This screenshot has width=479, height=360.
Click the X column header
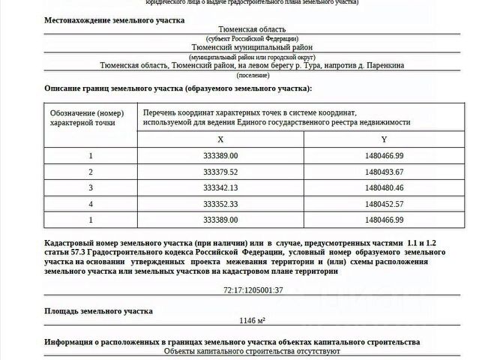pyautogui.click(x=220, y=139)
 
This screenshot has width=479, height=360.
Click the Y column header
pyautogui.click(x=384, y=139)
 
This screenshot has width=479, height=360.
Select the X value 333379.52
pyautogui.click(x=220, y=172)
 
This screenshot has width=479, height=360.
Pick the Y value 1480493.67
pyautogui.click(x=384, y=172)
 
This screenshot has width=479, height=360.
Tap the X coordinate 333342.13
pyautogui.click(x=220, y=187)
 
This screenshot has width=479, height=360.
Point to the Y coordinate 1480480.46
pyautogui.click(x=384, y=187)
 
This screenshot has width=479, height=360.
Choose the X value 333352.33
pyautogui.click(x=220, y=203)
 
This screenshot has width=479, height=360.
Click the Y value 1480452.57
pyautogui.click(x=384, y=203)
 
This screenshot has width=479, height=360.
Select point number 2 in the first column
pyautogui.click(x=91, y=172)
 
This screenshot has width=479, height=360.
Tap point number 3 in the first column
pyautogui.click(x=91, y=187)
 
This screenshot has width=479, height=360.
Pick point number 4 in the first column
pyautogui.click(x=91, y=203)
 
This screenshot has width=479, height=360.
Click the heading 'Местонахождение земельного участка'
pyautogui.click(x=114, y=19)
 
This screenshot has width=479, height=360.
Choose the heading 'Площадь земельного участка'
pyautogui.click(x=98, y=310)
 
